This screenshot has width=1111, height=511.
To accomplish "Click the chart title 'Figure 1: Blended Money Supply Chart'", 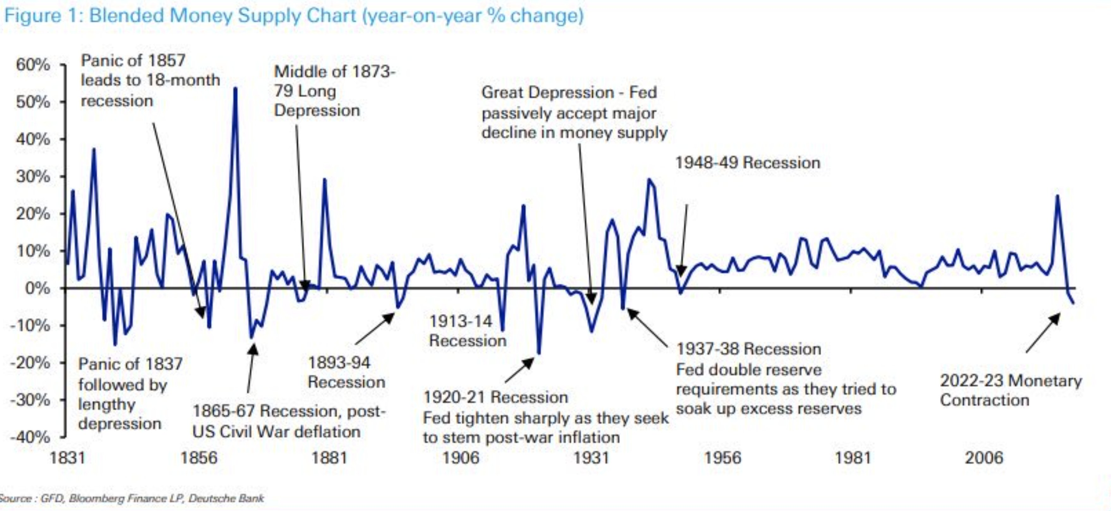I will [x=293, y=15].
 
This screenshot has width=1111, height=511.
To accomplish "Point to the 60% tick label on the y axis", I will [x=33, y=65].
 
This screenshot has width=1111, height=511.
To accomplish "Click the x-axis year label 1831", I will [x=67, y=458].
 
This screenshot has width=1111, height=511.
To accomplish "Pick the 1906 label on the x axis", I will [x=460, y=458].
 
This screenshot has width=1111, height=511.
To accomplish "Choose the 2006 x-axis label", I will [x=984, y=458].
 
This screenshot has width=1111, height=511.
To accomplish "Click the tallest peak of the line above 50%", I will [x=235, y=89].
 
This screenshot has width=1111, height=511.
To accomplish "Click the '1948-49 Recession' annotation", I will [x=747, y=163].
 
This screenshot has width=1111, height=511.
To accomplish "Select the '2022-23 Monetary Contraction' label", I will [x=1011, y=390].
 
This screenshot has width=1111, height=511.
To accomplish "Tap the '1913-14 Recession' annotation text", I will [x=467, y=330].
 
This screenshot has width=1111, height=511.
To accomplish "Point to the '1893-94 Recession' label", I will [x=346, y=372].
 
